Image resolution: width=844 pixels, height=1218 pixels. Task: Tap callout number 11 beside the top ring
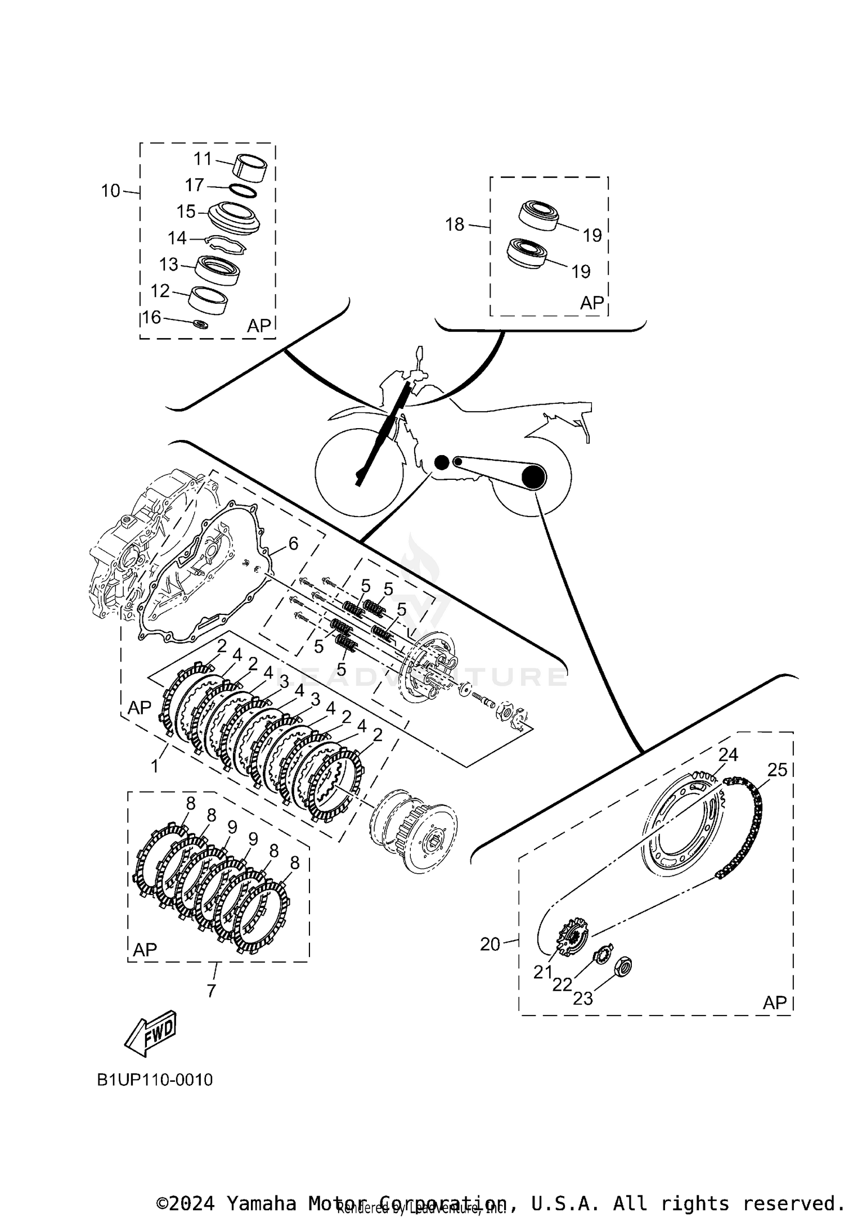pyautogui.click(x=203, y=159)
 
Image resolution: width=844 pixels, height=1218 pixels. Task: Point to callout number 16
pyautogui.click(x=151, y=317)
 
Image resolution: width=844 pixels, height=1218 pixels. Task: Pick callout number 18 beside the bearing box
pyautogui.click(x=455, y=224)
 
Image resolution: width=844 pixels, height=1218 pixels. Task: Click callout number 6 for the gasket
pyautogui.click(x=293, y=543)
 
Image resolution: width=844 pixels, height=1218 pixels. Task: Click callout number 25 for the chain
pyautogui.click(x=777, y=770)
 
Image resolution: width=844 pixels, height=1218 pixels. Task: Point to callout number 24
pyautogui.click(x=728, y=754)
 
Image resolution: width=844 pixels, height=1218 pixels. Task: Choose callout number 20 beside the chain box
pyautogui.click(x=490, y=944)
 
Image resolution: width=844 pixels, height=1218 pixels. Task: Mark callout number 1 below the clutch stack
pyautogui.click(x=155, y=766)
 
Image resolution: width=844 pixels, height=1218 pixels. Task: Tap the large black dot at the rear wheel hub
pyautogui.click(x=533, y=477)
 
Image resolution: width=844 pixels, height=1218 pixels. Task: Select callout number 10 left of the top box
pyautogui.click(x=111, y=191)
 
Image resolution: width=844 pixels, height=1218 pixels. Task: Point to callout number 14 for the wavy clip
pyautogui.click(x=177, y=238)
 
